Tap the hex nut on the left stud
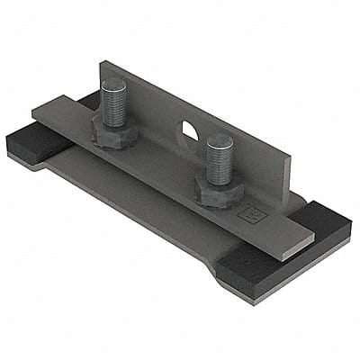pos(114,133)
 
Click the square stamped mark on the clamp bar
pos(254,215)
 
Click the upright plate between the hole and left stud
pos(153,112)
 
